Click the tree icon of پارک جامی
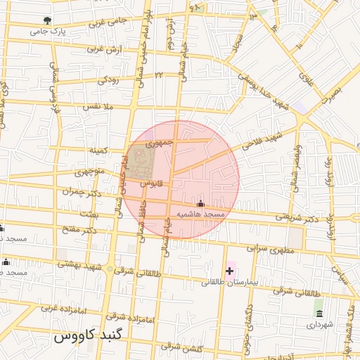pos(47,20)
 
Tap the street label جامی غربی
pos(108,21)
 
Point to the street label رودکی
pos(110,79)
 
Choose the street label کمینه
pos(97,151)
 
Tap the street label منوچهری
pos(90,171)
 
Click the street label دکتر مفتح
pos(79,231)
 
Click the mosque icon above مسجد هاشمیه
pos(200,203)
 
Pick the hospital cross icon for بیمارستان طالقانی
pos(229,270)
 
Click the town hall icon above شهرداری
pos(319,313)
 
